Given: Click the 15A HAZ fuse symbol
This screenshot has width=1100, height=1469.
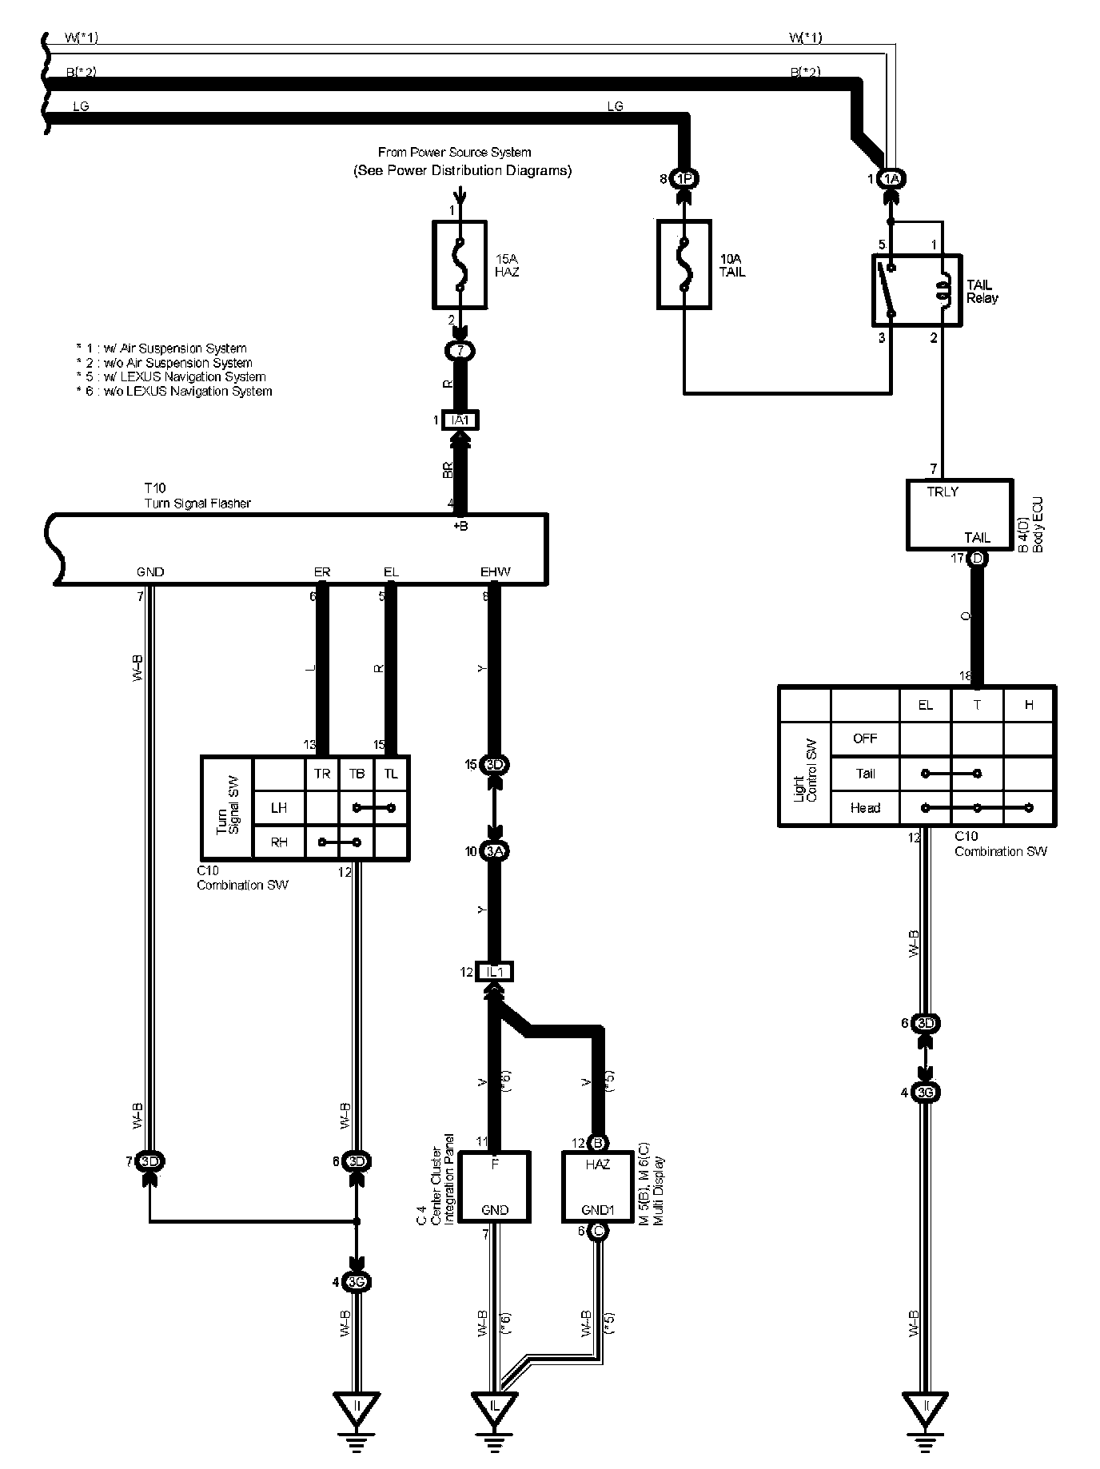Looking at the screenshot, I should coord(460,265).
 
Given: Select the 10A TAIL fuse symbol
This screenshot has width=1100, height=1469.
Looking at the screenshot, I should coord(684,265).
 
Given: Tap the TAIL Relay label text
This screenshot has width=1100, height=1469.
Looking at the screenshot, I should coord(982,291).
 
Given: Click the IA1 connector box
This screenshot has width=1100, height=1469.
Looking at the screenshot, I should coord(460,420).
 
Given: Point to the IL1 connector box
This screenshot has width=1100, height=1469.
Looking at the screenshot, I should coord(494,972).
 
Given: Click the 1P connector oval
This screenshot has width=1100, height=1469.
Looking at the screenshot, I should coord(684,179).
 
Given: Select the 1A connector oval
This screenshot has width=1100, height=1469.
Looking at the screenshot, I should coord(892,179).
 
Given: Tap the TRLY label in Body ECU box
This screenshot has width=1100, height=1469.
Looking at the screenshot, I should coord(943,492).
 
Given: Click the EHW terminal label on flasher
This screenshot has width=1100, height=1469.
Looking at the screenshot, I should coord(495,572).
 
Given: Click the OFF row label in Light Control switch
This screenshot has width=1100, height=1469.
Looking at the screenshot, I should coord(865,738).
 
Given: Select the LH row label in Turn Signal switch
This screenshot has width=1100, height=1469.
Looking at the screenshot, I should coord(278,808).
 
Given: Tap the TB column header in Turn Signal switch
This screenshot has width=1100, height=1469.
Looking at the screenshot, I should coord(357,774).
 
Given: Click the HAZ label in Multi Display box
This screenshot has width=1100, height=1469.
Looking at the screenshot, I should coord(597,1164).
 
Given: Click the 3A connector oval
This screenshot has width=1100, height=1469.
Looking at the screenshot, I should coord(495,852).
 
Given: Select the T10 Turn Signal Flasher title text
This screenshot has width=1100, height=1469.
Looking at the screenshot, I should coord(197,496).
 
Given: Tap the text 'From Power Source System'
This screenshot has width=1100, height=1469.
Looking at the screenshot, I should coord(454,152).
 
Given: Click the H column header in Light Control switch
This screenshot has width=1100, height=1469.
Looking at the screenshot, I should coord(1029,705).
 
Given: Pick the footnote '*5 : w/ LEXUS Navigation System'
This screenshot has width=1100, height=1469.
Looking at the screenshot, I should coord(171,377).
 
